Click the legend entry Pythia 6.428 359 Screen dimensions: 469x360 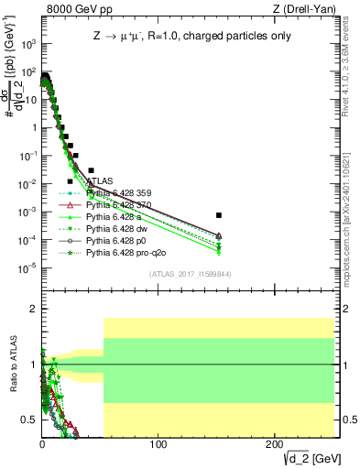pos(116,193)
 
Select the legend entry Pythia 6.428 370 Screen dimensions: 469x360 pos(116,205)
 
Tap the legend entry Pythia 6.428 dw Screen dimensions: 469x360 pos(115,228)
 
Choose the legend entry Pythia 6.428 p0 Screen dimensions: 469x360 pos(114,240)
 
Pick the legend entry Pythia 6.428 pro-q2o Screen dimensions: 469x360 pos(123,252)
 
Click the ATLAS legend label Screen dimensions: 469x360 pos(100,181)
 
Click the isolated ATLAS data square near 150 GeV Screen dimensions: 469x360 pos(219,215)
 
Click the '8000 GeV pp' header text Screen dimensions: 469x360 pos(72,9)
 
